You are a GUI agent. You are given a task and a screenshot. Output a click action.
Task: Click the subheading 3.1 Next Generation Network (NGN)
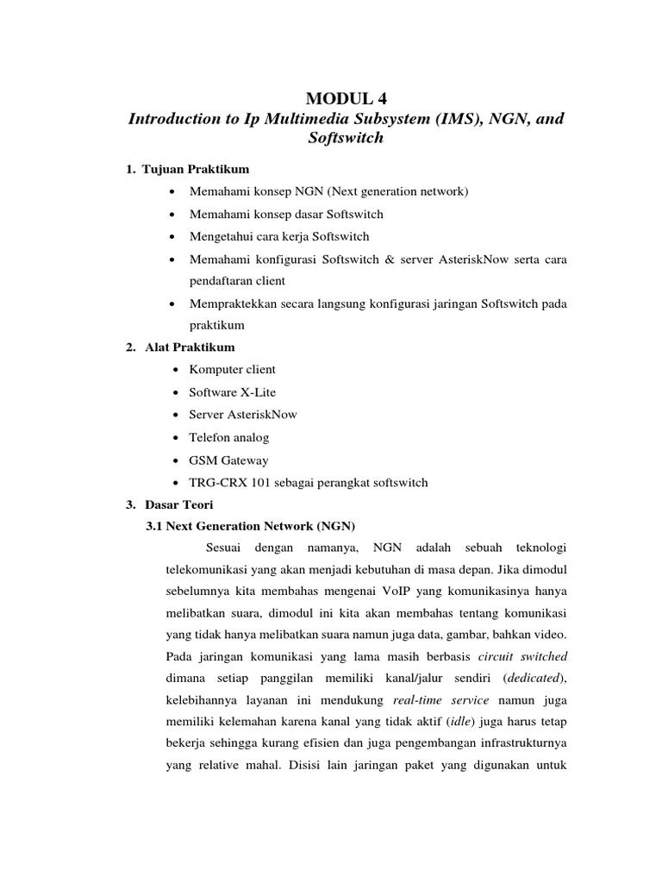click(252, 526)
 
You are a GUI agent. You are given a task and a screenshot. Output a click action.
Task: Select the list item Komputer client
click(233, 369)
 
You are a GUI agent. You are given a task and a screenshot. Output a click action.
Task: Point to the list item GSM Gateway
click(228, 460)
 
